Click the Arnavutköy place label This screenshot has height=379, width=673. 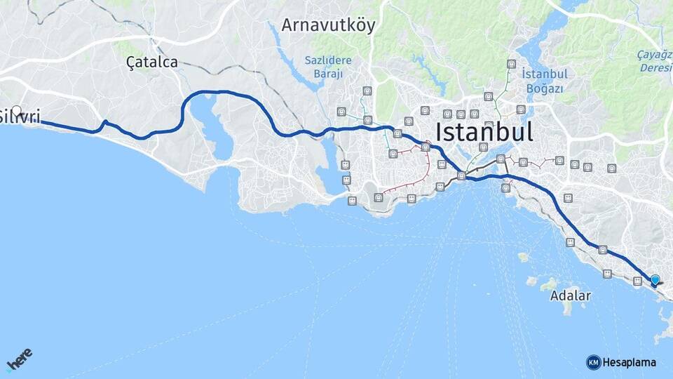328,25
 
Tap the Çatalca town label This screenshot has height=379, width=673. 152,62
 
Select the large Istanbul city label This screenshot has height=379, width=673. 484,131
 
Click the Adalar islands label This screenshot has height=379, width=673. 570,295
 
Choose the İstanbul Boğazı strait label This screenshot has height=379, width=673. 543,80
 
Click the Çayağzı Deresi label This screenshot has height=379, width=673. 655,61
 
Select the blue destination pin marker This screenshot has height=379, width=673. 655,281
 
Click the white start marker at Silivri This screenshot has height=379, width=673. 17,111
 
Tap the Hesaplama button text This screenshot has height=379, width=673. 629,363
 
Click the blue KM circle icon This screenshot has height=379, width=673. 593,363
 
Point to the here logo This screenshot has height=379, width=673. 19,359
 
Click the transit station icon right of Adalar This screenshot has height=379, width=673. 607,274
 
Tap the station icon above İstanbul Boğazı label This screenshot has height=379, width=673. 512,65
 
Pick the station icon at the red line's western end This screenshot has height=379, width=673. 379,197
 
